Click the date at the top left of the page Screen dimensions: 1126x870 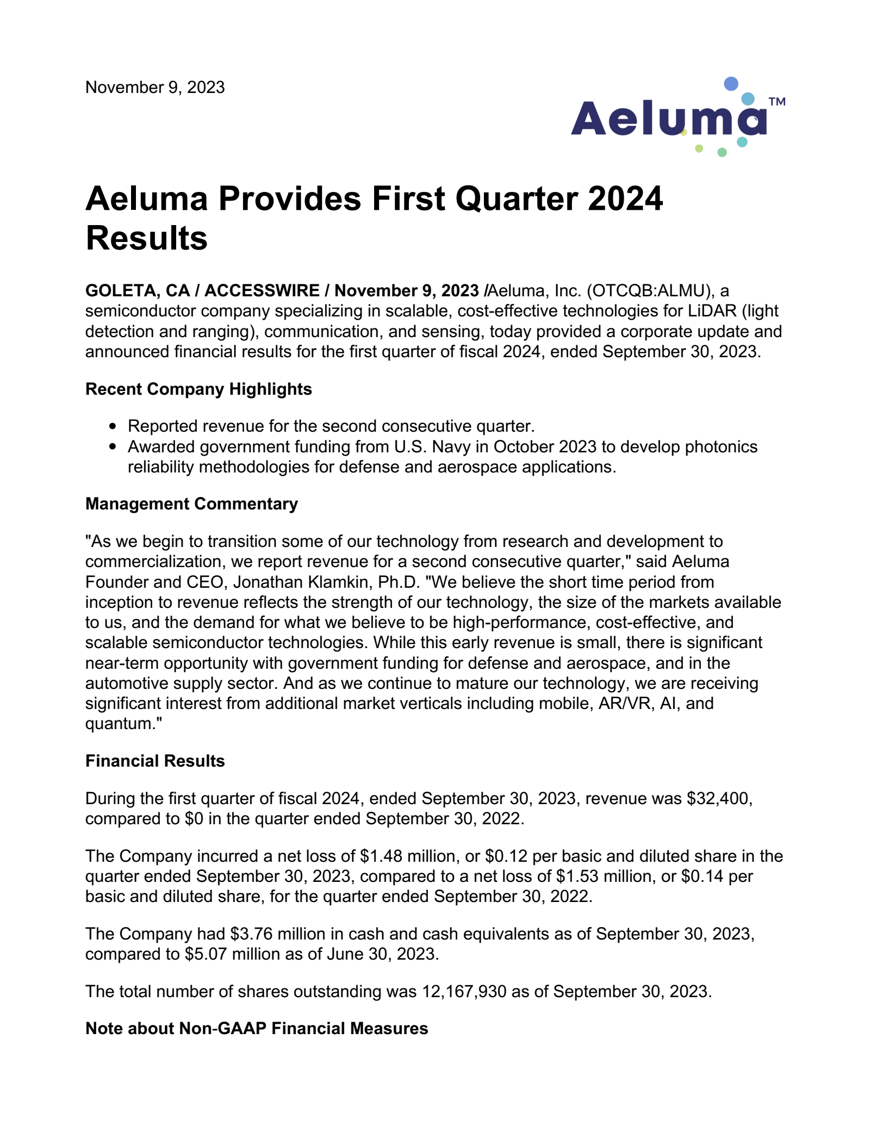click(x=155, y=88)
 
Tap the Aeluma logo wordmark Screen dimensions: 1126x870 click(x=668, y=119)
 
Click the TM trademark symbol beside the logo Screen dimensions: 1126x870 click(x=777, y=101)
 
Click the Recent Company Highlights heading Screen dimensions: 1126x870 click(x=198, y=389)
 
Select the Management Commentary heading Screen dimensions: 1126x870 click(x=191, y=504)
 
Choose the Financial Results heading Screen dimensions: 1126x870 click(x=155, y=761)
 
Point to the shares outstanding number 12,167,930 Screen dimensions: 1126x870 click(x=464, y=992)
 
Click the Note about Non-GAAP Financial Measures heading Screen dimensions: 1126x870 click(x=257, y=1029)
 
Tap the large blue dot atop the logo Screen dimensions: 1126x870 click(x=731, y=84)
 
